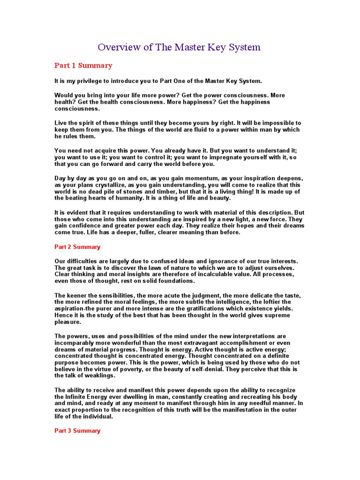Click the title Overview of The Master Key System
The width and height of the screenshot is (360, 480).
point(179,47)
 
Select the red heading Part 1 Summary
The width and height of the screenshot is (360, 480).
point(83,66)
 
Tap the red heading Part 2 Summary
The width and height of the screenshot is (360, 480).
point(77,247)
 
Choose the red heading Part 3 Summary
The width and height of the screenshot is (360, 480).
point(77,430)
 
